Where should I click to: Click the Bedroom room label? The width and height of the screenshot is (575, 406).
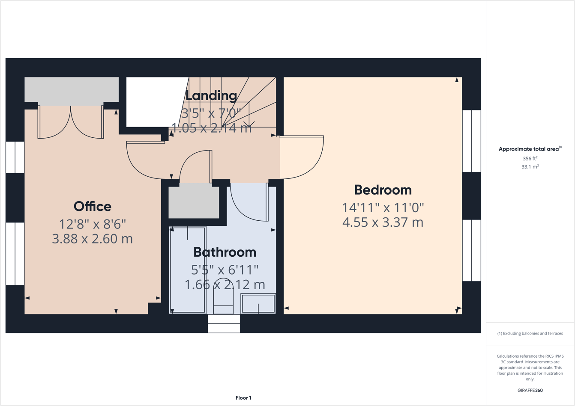point(383,190)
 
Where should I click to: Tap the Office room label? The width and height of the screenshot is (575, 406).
point(93,207)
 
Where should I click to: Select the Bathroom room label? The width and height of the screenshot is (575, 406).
point(225,252)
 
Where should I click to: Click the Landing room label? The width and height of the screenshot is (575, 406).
point(211,96)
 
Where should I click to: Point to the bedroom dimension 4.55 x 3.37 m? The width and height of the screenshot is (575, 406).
point(383,222)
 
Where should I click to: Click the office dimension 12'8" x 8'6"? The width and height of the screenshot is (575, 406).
point(93,224)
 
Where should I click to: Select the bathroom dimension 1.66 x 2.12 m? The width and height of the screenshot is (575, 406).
point(225,284)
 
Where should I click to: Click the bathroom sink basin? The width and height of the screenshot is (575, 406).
point(258,304)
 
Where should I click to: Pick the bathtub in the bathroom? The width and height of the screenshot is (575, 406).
point(188,270)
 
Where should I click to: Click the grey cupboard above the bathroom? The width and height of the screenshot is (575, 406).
point(194,201)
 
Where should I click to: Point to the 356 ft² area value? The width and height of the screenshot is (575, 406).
point(530,158)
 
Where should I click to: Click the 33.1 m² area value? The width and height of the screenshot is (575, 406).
point(530,167)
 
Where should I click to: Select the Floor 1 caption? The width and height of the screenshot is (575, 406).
point(243,398)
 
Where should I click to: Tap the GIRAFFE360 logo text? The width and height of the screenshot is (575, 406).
point(530,390)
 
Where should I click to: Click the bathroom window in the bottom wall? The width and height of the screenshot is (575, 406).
point(224,324)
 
